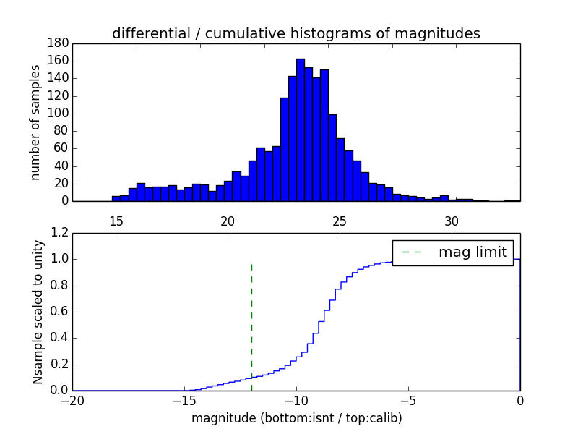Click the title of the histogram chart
pyautogui.click(x=296, y=33)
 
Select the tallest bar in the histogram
pyautogui.click(x=301, y=130)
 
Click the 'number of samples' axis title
pyautogui.click(x=35, y=122)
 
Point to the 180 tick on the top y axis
pyautogui.click(x=59, y=43)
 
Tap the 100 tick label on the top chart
pyautogui.click(x=59, y=114)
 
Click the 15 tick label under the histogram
pyautogui.click(x=116, y=221)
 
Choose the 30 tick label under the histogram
pyautogui.click(x=452, y=221)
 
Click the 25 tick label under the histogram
pyautogui.click(x=340, y=221)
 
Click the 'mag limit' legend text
pyautogui.click(x=473, y=252)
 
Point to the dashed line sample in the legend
pyautogui.click(x=412, y=252)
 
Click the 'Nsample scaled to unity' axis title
pyautogui.click(x=38, y=312)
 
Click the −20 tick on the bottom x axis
pyautogui.click(x=72, y=401)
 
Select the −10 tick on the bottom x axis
pyautogui.click(x=296, y=401)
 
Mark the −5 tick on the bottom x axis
pyautogui.click(x=408, y=401)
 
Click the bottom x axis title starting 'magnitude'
pyautogui.click(x=296, y=418)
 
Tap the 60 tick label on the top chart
pyautogui.click(x=61, y=148)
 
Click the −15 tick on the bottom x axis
pyautogui.click(x=184, y=401)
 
